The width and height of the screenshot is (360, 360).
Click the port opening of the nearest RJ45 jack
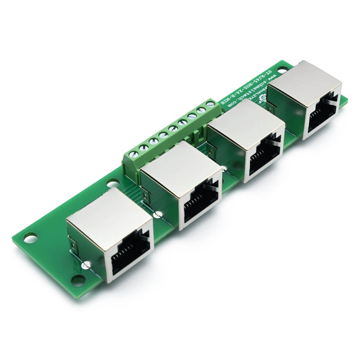[x=130, y=253]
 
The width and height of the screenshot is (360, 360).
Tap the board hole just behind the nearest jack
[x=112, y=184]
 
